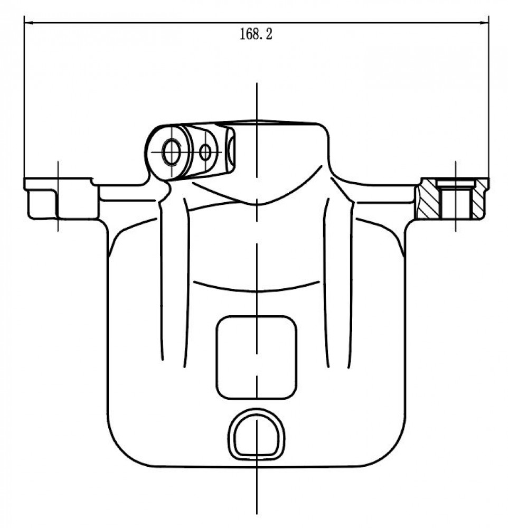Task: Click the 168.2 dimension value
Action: click(256, 34)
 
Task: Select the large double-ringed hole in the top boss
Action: click(172, 152)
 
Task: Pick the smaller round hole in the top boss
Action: click(205, 153)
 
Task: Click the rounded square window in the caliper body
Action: click(256, 357)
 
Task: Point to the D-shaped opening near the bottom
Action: click(256, 435)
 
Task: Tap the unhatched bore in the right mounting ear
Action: click(455, 200)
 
